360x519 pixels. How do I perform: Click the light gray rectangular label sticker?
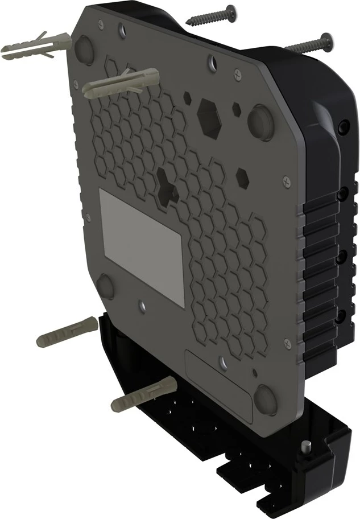pos(142,247)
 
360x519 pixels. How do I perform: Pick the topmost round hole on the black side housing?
pos(341,125)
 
